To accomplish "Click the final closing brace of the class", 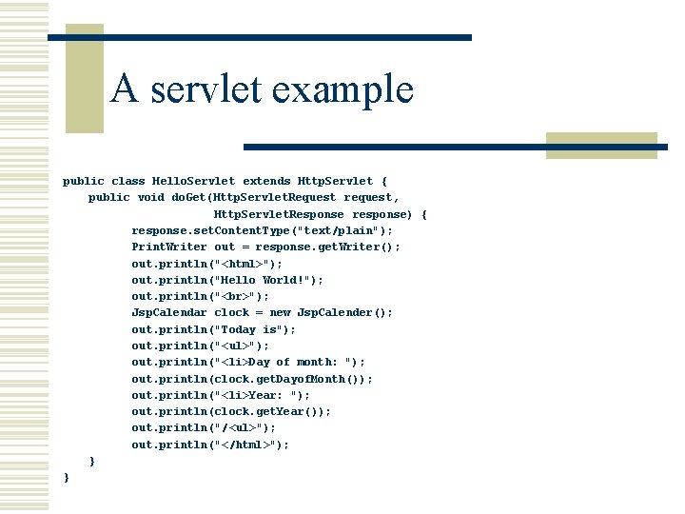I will tap(66, 477).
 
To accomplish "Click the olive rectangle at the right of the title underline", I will tap(602, 145).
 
